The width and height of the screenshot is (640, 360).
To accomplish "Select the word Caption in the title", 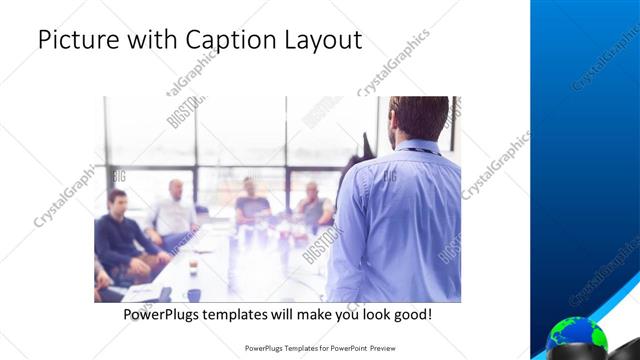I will tap(224, 41).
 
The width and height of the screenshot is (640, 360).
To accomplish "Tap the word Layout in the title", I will tap(320, 41).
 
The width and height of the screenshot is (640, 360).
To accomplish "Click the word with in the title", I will tap(150, 41).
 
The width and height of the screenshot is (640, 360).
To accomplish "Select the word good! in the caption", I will tap(411, 314).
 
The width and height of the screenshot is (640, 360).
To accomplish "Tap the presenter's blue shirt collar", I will tap(415, 147).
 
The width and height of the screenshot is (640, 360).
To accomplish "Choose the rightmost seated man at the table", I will tap(314, 205).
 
